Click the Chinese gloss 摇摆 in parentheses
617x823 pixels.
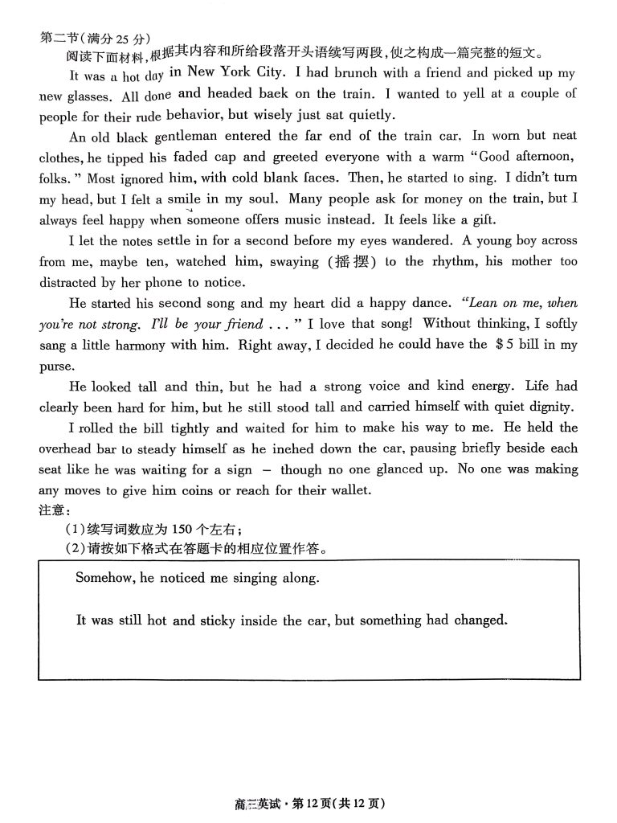[x=353, y=261]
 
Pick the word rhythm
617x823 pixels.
[x=460, y=261]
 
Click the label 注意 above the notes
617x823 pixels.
[x=50, y=510]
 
